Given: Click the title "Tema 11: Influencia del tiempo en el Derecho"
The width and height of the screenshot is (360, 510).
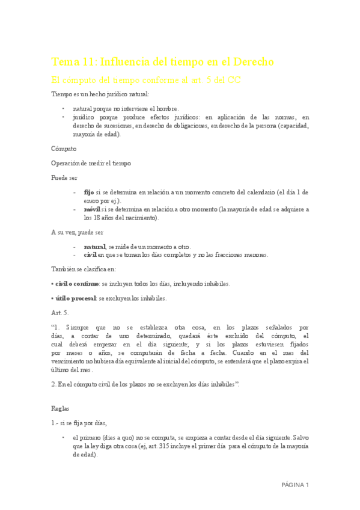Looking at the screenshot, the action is (162, 62).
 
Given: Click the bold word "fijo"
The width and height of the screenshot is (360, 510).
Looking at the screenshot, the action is (88, 192).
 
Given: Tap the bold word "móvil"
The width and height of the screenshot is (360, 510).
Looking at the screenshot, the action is (91, 209).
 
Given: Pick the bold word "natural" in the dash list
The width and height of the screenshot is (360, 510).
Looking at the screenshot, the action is (94, 247).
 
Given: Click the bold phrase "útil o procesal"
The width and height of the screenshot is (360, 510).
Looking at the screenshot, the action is (75, 298).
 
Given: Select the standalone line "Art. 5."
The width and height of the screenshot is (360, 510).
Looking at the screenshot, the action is (60, 313).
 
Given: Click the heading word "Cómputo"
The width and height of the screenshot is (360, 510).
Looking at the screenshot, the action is (64, 148).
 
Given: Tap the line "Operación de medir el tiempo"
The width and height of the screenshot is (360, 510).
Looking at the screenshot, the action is (91, 163).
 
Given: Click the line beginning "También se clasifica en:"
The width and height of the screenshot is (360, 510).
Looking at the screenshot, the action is (84, 269).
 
